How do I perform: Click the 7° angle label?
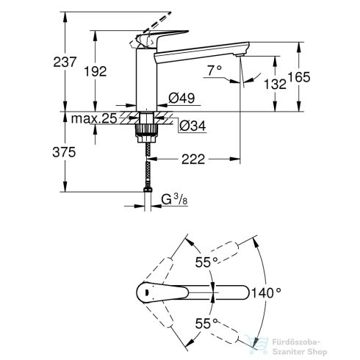214,71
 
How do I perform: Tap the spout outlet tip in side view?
240,55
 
